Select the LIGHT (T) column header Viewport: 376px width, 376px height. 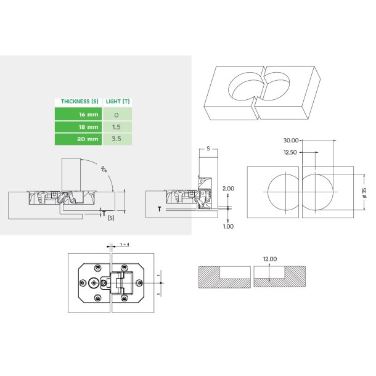[x=117, y=101]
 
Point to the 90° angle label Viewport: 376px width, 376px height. [x=104, y=168]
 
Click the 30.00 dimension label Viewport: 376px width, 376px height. [x=291, y=140]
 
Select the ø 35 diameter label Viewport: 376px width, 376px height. [x=364, y=192]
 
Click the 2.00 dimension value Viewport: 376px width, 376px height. [x=228, y=188]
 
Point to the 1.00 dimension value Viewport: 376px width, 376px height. [x=228, y=226]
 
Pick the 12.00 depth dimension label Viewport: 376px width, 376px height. [x=269, y=259]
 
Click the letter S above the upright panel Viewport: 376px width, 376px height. [x=208, y=149]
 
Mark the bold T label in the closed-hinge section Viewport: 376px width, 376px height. [x=159, y=209]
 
